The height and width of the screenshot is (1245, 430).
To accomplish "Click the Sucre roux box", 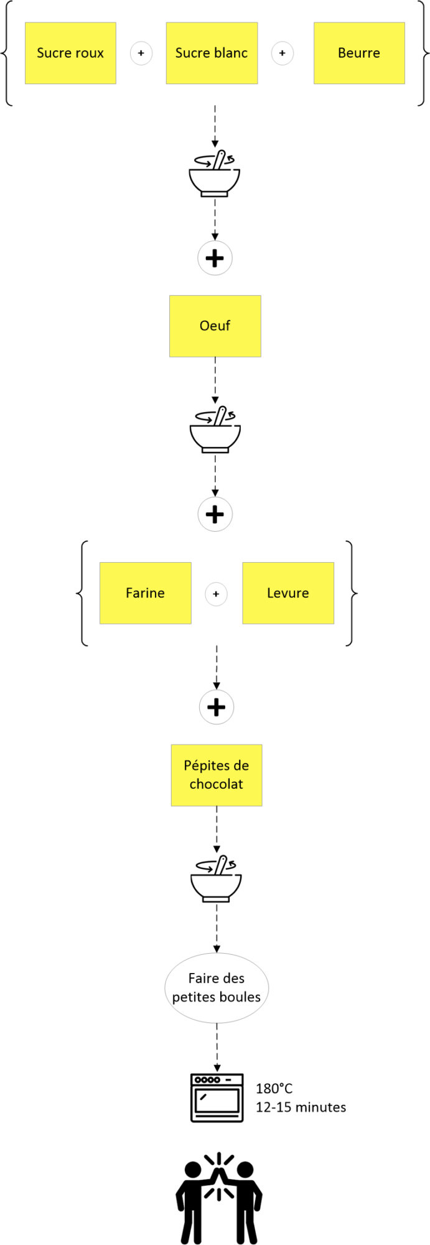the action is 70,53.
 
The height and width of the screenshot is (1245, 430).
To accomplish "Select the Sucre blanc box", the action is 212,53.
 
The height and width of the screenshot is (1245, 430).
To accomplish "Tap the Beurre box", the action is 359,53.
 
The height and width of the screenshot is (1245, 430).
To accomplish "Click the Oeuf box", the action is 215,326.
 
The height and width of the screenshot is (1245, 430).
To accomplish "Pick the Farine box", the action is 146,593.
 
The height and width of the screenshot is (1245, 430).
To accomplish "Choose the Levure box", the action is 288,593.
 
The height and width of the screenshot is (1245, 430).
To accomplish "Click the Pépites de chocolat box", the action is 217,776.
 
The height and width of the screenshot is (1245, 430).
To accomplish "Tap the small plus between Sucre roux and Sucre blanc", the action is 141,54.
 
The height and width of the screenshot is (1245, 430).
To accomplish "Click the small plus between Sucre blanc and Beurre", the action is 283,54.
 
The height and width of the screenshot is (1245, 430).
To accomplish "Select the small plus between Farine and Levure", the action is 216,594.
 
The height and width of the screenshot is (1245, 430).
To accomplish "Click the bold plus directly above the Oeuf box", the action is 215,258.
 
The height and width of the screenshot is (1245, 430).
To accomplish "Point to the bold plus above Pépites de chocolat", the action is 217,707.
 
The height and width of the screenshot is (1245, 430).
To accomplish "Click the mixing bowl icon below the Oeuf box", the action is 215,430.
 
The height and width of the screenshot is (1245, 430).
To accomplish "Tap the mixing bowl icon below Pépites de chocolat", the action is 216,878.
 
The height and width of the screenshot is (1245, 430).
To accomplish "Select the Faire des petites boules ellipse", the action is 217,987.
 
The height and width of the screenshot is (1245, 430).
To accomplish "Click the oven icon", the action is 217,1097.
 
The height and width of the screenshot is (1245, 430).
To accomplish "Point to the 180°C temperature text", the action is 274,1089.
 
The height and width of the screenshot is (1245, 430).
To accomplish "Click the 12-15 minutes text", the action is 301,1107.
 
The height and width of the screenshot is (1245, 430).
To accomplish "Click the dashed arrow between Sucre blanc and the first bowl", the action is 215,126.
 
